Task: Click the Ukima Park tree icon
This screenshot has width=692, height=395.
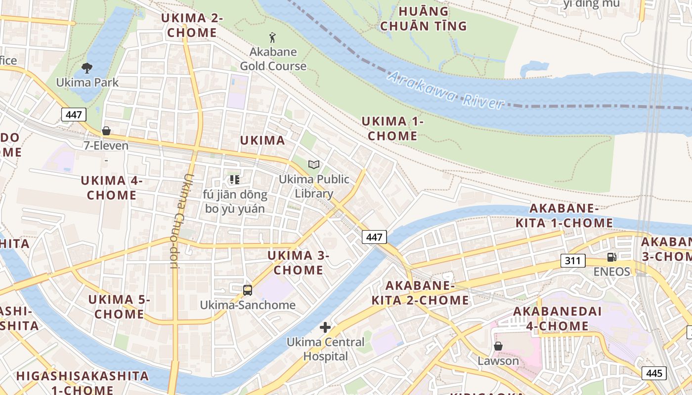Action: pos(87,68)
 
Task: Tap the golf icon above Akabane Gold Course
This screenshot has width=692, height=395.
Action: pos(272,38)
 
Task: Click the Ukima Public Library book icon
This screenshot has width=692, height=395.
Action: pos(314,164)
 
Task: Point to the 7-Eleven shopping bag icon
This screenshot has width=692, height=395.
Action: pos(106,131)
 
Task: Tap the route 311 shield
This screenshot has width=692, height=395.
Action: pos(573,261)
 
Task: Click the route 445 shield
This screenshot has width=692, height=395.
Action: pos(654,373)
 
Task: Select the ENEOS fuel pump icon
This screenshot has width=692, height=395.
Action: pos(612,257)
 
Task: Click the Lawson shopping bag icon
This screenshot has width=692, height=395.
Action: pos(498,346)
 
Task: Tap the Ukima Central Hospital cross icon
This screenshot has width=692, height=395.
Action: pos(325,327)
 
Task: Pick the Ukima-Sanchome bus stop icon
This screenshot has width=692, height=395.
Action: pos(248,290)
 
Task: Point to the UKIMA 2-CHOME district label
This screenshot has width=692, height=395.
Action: pos(192,26)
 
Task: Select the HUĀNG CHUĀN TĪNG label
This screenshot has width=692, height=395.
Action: pos(423,19)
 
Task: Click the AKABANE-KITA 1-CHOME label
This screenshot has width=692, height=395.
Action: pos(564,216)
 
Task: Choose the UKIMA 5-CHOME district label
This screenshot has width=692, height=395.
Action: pos(119,307)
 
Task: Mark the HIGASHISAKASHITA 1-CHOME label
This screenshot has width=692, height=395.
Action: pos(82,383)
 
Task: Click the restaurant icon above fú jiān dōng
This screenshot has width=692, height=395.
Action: pos(235,180)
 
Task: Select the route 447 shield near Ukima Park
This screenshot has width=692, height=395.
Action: pos(74,115)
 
